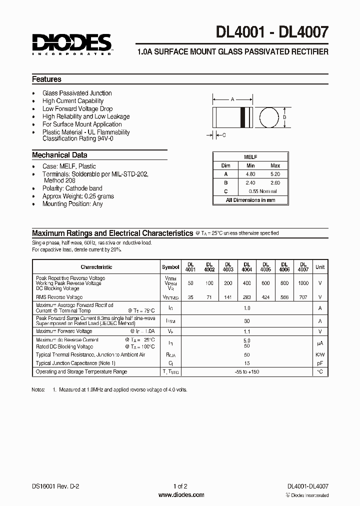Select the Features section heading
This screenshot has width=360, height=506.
pos(46,79)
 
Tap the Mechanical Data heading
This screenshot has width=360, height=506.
pos(59,155)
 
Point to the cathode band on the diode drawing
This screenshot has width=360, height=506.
pos(244,117)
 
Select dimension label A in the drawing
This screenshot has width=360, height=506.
pos(232,99)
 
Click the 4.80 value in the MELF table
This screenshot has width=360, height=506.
pos(251,173)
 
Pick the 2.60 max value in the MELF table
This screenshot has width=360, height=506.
pos(275,182)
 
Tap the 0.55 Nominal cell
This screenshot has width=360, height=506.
pos(262,191)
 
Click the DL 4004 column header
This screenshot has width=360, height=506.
pos(247,267)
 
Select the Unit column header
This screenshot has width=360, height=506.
pos(320,267)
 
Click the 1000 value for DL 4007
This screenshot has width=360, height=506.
pos(303,283)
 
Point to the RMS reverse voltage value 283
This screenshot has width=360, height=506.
pos(247,297)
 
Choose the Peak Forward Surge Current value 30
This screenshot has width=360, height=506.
pos(247,321)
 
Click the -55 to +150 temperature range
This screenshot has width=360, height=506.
pos(247,371)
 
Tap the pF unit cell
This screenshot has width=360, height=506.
pos(320,363)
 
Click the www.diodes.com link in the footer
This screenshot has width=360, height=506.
pos(180,495)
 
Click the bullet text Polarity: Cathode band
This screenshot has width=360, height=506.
pos(72,188)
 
